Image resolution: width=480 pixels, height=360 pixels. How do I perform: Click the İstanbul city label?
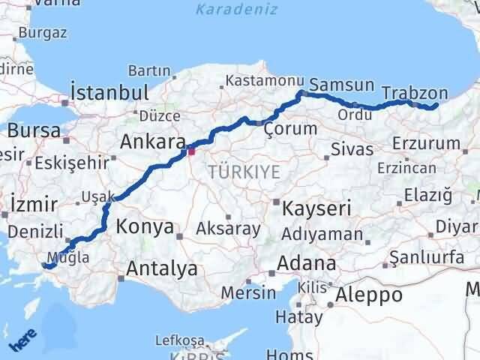[109, 93]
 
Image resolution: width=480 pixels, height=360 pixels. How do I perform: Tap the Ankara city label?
[153, 142]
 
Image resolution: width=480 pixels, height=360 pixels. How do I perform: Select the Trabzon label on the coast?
[415, 94]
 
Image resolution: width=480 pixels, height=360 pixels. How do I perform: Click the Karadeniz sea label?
[236, 10]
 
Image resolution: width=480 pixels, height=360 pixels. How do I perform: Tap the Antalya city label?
[163, 268]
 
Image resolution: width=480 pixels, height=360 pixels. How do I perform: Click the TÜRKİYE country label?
[244, 172]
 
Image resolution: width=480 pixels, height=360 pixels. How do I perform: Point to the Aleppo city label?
[369, 295]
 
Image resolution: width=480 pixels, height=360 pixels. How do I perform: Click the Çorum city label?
[291, 129]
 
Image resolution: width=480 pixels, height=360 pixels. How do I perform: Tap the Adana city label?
[307, 263]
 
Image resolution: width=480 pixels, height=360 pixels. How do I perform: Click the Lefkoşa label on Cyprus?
[179, 340]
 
